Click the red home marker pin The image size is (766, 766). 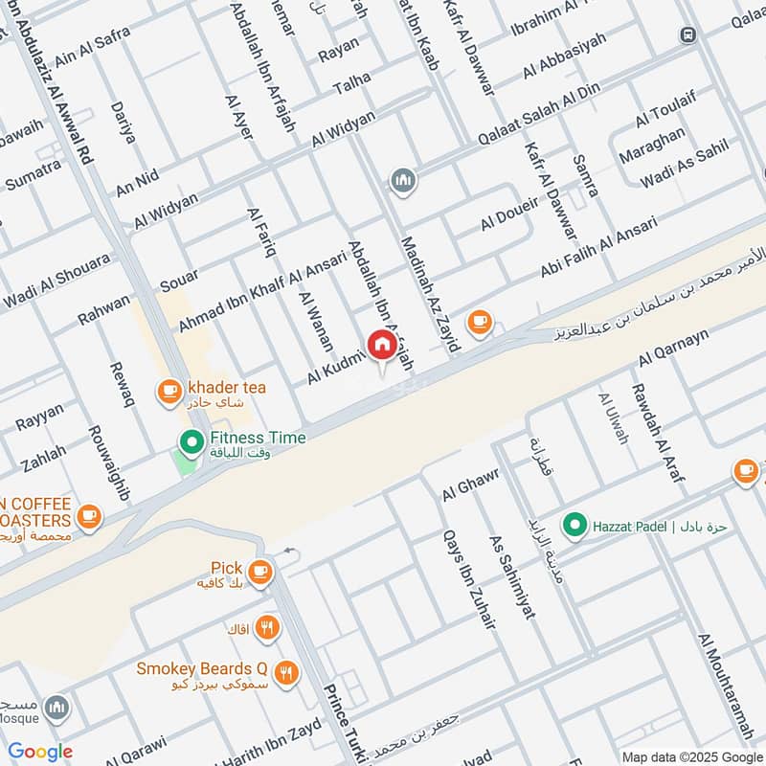(381, 345)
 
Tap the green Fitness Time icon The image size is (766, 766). (191, 441)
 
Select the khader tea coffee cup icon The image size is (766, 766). (169, 390)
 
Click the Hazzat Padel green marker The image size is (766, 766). (574, 524)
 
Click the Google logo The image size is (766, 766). (40, 752)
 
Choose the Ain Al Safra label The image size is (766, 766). (92, 45)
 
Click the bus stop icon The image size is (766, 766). (687, 34)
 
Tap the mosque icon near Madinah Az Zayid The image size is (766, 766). (402, 180)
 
